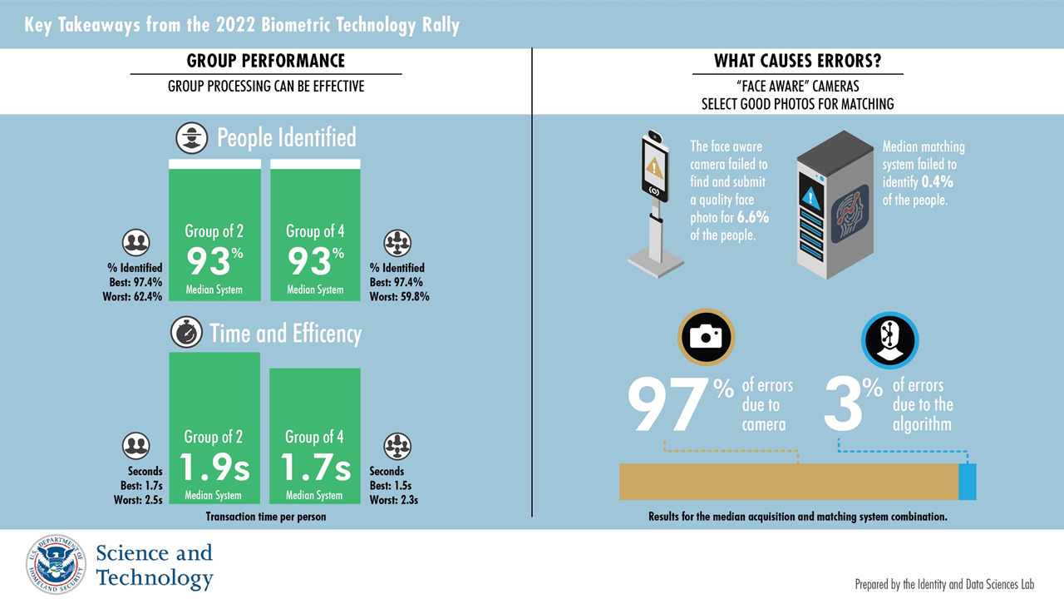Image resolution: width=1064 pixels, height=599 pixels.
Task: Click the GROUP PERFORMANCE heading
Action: [266, 61]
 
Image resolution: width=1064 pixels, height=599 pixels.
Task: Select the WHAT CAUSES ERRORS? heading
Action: [797, 61]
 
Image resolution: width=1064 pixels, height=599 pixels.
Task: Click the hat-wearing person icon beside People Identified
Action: [192, 138]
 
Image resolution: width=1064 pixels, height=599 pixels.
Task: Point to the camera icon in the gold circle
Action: [707, 337]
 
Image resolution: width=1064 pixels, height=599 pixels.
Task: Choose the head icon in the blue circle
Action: [889, 340]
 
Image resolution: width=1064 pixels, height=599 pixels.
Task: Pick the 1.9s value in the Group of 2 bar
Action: [214, 468]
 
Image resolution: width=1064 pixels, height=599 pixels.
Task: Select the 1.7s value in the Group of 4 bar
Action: [315, 468]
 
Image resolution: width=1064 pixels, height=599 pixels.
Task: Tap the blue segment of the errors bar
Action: [967, 482]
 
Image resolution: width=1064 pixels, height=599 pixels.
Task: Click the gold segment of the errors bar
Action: [789, 482]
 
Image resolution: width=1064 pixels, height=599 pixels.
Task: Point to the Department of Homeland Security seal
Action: [56, 564]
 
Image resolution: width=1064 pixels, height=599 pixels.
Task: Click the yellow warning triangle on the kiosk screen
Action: [654, 167]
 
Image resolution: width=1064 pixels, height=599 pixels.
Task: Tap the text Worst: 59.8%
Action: [400, 297]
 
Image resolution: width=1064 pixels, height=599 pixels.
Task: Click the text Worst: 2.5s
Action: [138, 500]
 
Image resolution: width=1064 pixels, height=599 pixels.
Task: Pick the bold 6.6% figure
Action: [753, 217]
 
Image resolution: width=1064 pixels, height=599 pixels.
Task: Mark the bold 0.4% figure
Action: [937, 181]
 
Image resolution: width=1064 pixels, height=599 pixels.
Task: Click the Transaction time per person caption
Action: [266, 517]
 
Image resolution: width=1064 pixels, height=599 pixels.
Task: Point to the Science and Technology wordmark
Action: [155, 565]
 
